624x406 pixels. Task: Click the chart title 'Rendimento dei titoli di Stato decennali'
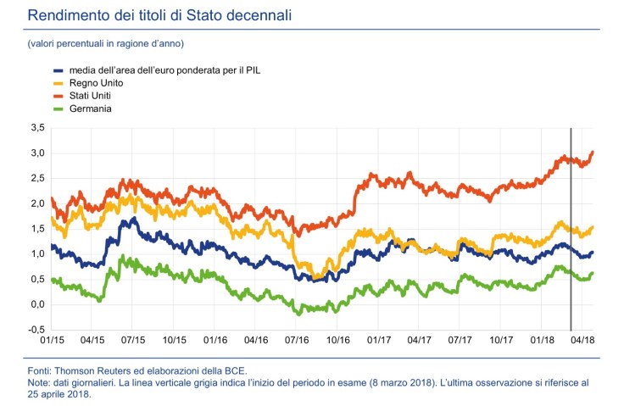click(161, 15)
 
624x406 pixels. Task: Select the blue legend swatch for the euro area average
click(58, 70)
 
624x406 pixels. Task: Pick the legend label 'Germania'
click(91, 108)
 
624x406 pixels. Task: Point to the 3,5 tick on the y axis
click(36, 128)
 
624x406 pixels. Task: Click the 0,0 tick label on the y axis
click(36, 304)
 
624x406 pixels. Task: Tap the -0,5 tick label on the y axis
click(36, 330)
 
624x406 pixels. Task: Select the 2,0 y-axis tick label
click(36, 203)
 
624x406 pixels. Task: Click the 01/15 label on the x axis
click(52, 339)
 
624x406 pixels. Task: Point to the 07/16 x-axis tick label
click(297, 339)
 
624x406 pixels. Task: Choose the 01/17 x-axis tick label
click(378, 339)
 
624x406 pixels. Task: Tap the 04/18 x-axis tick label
click(581, 339)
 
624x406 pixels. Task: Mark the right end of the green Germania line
click(593, 273)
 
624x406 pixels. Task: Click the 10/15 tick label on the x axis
click(174, 339)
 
